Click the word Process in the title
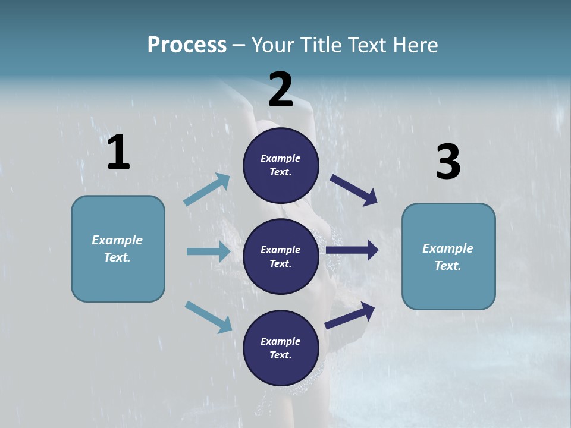coord(187,45)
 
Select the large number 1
coord(118,153)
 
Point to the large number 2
coord(281,90)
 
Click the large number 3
coord(448,162)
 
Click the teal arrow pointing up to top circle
coord(207,190)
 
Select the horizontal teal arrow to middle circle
coord(208,251)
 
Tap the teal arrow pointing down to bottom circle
coord(208,317)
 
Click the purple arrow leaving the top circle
coord(354,190)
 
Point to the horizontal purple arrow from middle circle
coord(352,250)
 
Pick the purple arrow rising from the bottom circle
coord(350,316)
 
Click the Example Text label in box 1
coord(117,248)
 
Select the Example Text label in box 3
coord(448,257)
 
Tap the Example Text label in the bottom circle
coord(281,348)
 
